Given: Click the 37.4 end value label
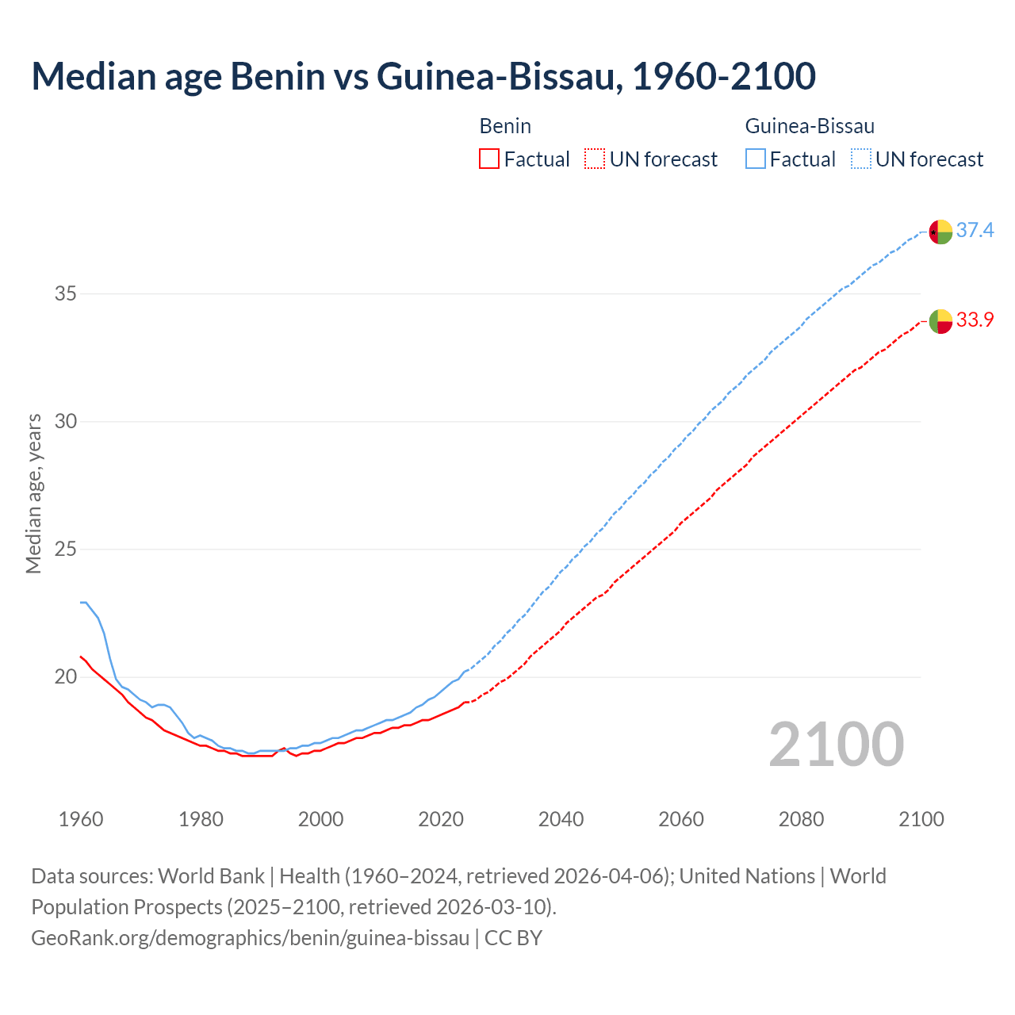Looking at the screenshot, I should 975,231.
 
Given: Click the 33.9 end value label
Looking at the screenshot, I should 975,320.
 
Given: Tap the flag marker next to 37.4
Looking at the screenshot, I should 940,232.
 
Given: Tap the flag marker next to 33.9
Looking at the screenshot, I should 940,321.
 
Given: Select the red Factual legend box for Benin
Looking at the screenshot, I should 489,159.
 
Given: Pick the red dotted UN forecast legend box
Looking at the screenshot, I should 595,159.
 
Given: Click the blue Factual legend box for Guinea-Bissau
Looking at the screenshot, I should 756,159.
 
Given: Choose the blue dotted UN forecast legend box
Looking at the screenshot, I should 861,159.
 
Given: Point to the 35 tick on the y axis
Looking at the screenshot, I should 65,294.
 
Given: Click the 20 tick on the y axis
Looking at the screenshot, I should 65,677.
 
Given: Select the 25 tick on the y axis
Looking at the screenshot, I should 65,550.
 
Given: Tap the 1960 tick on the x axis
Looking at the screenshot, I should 81,819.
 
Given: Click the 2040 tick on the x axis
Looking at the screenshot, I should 561,819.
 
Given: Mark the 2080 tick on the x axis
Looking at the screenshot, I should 801,819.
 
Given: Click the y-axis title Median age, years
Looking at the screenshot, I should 33,493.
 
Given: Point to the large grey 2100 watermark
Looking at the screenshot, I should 836,745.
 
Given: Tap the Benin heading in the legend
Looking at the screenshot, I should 505,126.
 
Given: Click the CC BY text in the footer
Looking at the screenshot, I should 513,938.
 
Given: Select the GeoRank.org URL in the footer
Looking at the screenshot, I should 250,938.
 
